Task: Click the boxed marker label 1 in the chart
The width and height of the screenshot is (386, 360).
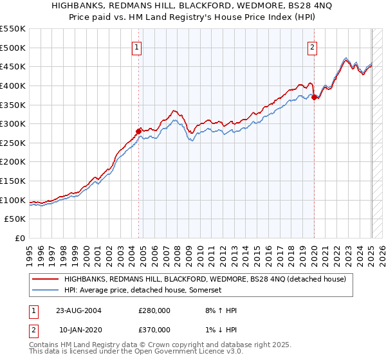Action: [x=138, y=46]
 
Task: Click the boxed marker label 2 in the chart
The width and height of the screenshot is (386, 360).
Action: [x=312, y=46]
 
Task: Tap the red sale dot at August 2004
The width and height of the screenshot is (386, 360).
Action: [x=138, y=131]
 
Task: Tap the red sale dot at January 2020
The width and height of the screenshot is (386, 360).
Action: [x=314, y=97]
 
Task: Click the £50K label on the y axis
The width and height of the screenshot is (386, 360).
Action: [x=15, y=219]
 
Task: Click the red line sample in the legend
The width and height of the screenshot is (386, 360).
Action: [x=45, y=280]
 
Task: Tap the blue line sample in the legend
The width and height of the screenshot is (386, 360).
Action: [x=45, y=291]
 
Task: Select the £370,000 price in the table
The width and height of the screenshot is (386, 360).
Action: [x=154, y=330]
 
